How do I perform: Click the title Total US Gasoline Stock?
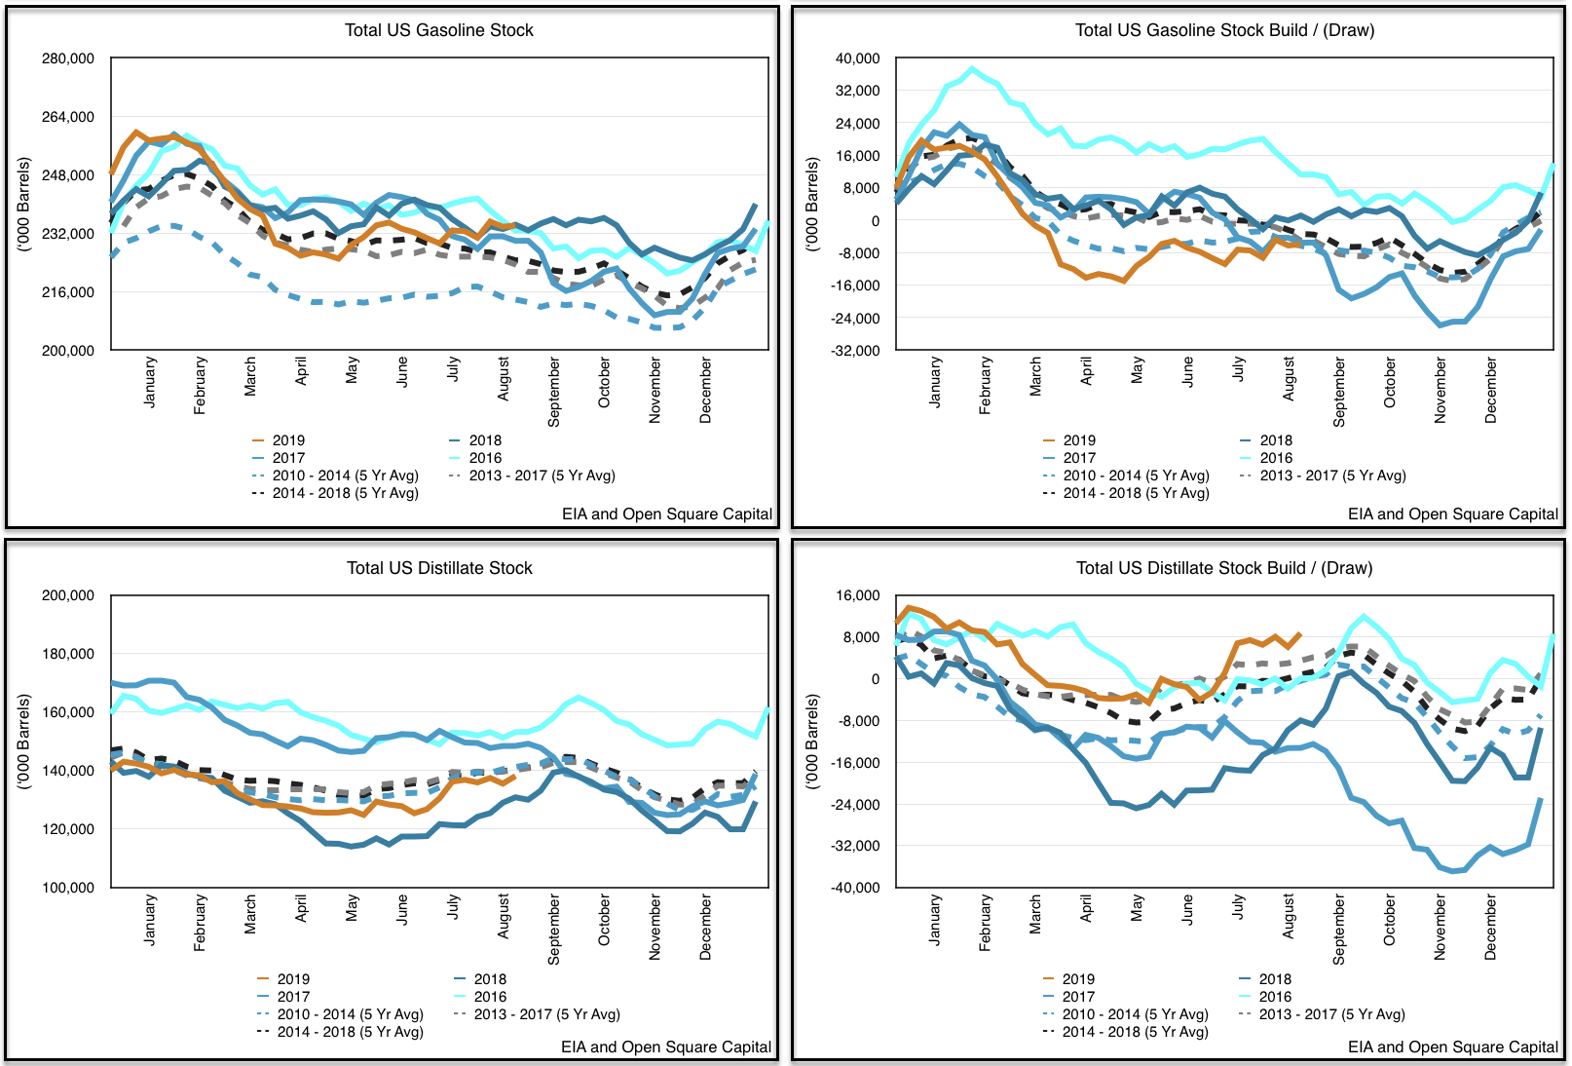click(x=438, y=30)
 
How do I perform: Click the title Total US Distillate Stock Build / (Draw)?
click(x=1223, y=568)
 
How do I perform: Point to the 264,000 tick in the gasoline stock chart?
click(x=68, y=117)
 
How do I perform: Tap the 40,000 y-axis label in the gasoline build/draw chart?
click(x=857, y=58)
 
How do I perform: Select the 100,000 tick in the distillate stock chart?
click(x=68, y=888)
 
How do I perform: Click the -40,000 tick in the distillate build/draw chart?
click(x=855, y=888)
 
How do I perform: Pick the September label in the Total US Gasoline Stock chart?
click(x=553, y=392)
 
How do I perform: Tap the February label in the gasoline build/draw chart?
click(x=985, y=385)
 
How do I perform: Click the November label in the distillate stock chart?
click(x=655, y=928)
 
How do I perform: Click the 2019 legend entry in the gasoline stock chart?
click(x=288, y=440)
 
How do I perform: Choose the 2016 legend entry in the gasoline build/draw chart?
click(x=1276, y=458)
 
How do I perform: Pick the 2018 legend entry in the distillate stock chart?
click(x=490, y=979)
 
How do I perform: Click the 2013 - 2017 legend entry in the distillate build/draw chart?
click(x=1331, y=1014)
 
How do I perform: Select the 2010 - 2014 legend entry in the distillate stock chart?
click(x=350, y=1014)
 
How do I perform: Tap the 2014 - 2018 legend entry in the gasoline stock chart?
click(x=345, y=493)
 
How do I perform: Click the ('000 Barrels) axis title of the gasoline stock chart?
click(x=24, y=205)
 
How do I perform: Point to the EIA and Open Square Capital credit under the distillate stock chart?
click(x=666, y=1047)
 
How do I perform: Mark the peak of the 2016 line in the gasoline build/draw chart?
click(x=971, y=69)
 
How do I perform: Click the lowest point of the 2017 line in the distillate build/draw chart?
click(x=1454, y=871)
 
